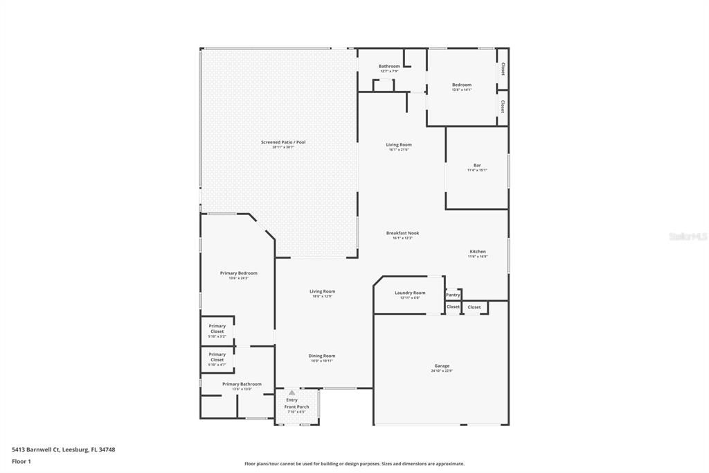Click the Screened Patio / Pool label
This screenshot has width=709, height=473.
[x=282, y=142]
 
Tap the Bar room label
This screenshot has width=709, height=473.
[x=477, y=165]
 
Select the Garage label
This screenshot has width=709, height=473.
[x=442, y=365]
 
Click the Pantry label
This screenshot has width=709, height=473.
[x=453, y=295]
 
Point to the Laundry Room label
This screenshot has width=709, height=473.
[x=410, y=293]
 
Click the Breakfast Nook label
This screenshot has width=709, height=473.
[x=402, y=233]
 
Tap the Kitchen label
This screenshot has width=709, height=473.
[x=478, y=251]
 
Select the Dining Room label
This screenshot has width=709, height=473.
[x=322, y=356]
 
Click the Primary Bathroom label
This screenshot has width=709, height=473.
[x=242, y=384]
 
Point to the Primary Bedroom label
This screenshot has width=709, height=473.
[x=238, y=273]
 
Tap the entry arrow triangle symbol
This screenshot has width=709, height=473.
[x=291, y=393]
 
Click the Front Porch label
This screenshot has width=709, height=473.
[x=296, y=406]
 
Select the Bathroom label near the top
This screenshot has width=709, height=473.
[x=389, y=66]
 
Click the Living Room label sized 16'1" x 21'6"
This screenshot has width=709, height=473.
[x=399, y=145]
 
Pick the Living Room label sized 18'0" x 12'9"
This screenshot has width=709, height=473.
[x=322, y=291]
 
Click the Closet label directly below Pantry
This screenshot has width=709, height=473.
[x=453, y=307]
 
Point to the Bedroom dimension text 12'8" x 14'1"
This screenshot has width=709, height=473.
[x=462, y=89]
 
